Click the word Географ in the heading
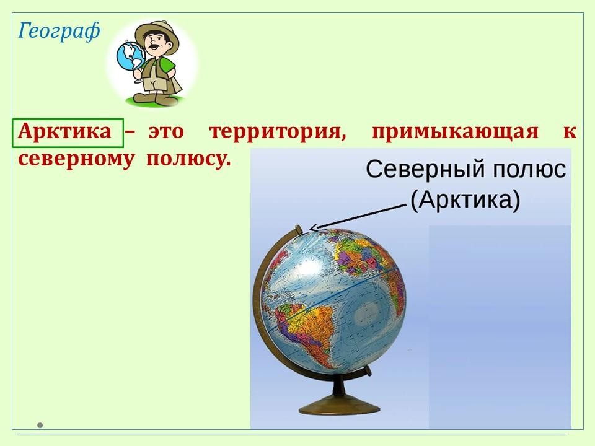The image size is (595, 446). click(x=59, y=31)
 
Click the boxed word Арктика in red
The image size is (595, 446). click(x=64, y=131)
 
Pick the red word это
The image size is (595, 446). click(x=166, y=132)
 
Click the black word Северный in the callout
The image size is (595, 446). click(x=425, y=169)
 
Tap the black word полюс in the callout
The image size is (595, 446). click(x=529, y=169)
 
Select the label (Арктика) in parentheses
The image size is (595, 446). click(x=465, y=200)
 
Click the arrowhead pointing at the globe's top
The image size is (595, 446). click(x=314, y=227)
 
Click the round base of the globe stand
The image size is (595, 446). click(x=339, y=405)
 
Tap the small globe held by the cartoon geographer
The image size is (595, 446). click(x=131, y=58)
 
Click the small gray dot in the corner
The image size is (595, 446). click(x=40, y=425)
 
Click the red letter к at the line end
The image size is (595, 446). click(x=568, y=132)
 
